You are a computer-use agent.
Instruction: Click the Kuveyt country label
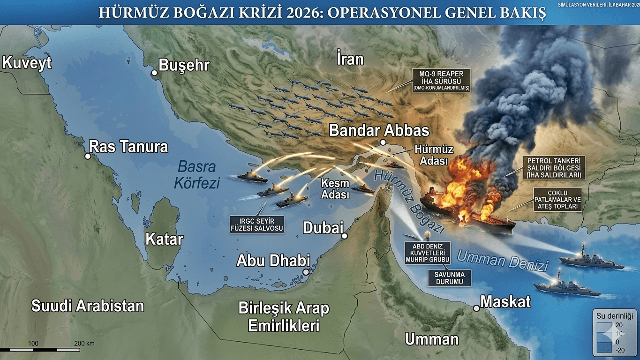pyautogui.click(x=27, y=63)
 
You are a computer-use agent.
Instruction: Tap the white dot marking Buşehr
pyautogui.click(x=154, y=73)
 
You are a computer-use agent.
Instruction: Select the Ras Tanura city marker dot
pyautogui.click(x=87, y=156)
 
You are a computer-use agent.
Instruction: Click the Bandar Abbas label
pyautogui.click(x=379, y=130)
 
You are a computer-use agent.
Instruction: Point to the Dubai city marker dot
pyautogui.click(x=345, y=236)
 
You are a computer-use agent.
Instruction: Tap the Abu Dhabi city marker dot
pyautogui.click(x=306, y=272)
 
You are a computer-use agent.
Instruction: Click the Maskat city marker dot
pyautogui.click(x=476, y=308)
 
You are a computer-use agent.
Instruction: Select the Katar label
pyautogui.click(x=164, y=239)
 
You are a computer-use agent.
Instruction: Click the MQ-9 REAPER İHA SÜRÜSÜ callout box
pyautogui.click(x=441, y=81)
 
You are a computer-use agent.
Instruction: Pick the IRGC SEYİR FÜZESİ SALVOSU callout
pyautogui.click(x=257, y=225)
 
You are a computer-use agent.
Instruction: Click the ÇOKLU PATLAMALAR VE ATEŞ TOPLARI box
pyautogui.click(x=557, y=199)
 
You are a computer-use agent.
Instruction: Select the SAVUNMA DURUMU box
pyautogui.click(x=449, y=277)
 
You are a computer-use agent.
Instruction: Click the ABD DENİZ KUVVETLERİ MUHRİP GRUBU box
pyautogui.click(x=428, y=253)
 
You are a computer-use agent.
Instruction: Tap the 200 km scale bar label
pyautogui.click(x=84, y=344)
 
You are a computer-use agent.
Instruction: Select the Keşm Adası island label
pyautogui.click(x=335, y=189)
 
